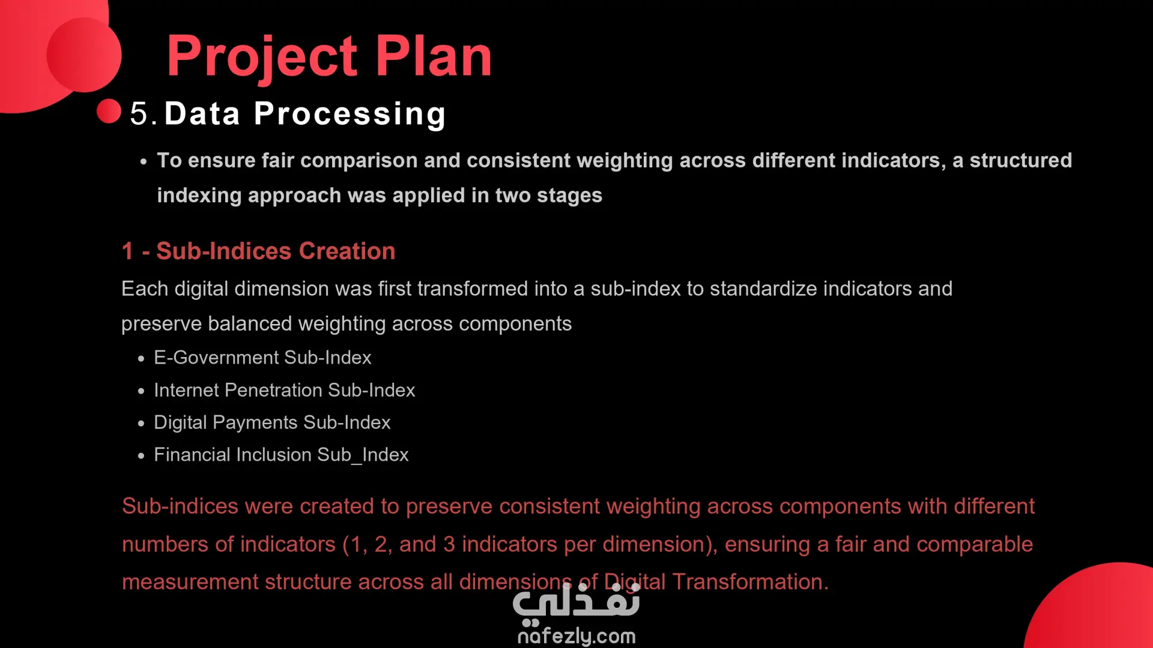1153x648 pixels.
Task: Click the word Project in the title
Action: tap(262, 57)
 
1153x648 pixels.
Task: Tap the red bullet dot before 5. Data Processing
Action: tap(109, 111)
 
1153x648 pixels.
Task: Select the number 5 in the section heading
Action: tap(139, 113)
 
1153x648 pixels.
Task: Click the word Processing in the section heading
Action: tap(350, 114)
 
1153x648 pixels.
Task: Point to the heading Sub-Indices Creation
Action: tap(276, 251)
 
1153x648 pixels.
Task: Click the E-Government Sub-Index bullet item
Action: tap(262, 358)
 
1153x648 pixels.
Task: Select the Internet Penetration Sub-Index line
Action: tap(285, 390)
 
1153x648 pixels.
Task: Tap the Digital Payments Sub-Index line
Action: tap(272, 422)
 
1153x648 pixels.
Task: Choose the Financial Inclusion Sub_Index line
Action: tap(281, 455)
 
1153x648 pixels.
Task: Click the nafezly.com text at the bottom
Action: tap(576, 635)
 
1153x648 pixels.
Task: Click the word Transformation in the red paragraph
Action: tap(750, 581)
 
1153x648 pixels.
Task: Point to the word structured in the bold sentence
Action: tap(1021, 160)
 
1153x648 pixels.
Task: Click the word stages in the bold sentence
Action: tap(569, 196)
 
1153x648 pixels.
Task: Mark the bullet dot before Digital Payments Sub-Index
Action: tap(141, 424)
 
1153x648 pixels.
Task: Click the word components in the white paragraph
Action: tap(515, 325)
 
